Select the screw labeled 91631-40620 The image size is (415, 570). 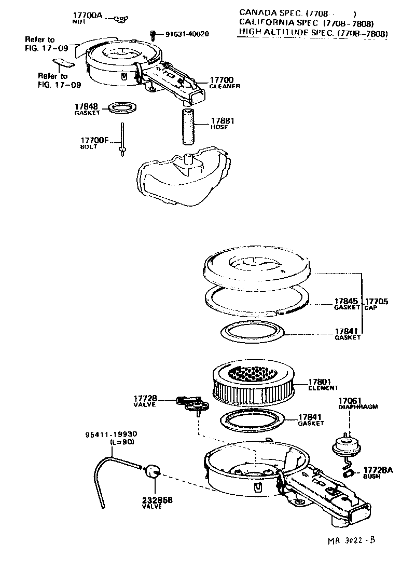[154, 35]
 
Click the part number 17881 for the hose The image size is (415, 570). [223, 120]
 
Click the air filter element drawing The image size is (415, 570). [253, 384]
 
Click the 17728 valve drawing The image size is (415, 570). [193, 404]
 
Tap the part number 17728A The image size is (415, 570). [378, 469]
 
